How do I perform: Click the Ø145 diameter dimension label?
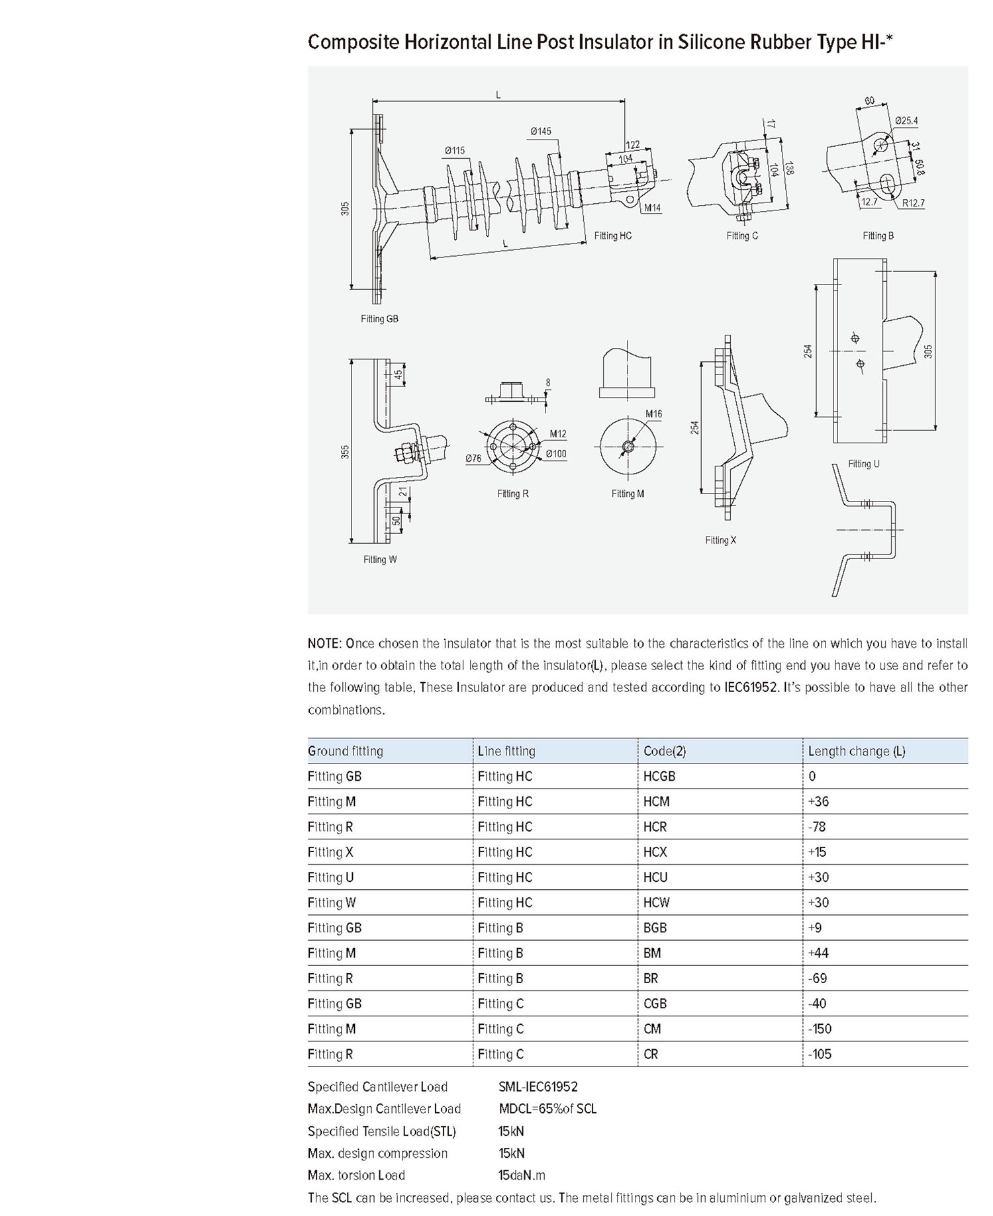click(540, 131)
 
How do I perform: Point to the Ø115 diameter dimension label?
click(455, 150)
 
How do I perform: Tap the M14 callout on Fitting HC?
click(653, 208)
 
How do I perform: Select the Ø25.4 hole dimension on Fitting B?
click(906, 120)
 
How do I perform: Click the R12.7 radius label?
click(913, 203)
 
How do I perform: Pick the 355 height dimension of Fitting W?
click(345, 452)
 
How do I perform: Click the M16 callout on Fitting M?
click(653, 414)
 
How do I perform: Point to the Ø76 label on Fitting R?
click(473, 458)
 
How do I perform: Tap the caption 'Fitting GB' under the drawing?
click(379, 319)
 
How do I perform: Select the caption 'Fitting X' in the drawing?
click(720, 541)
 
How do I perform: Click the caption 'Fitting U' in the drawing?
click(864, 464)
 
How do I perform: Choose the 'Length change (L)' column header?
click(856, 751)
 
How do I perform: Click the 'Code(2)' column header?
click(665, 751)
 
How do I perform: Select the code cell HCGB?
click(659, 777)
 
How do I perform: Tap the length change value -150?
click(820, 1029)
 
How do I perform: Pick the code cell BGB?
click(655, 928)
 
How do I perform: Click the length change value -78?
click(817, 827)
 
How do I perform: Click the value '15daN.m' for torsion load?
click(522, 1176)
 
